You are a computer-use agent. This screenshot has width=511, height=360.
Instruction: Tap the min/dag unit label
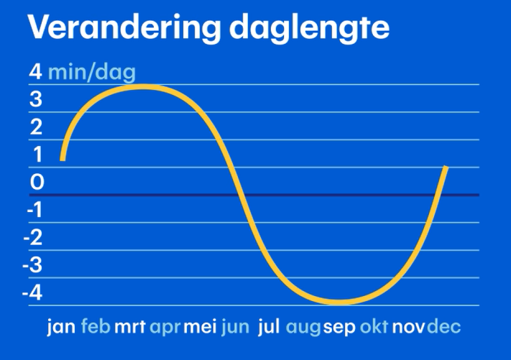[x=91, y=73]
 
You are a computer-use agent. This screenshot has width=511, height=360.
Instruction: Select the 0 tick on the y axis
[x=37, y=183]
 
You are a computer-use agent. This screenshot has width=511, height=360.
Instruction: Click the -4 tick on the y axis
[x=32, y=293]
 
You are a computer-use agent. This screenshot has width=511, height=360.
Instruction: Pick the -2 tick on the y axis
[x=32, y=238]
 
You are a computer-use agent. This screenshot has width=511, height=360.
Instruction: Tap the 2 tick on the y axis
[x=36, y=127]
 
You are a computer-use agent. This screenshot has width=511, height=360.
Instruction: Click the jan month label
[x=61, y=328]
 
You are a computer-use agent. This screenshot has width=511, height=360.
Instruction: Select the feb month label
[x=96, y=328]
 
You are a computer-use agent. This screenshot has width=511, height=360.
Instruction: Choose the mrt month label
[x=130, y=328]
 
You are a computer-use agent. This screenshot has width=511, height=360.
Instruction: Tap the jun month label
[x=235, y=328]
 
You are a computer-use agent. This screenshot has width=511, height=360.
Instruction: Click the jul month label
[x=268, y=328]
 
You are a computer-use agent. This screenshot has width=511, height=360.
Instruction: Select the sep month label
[x=339, y=328]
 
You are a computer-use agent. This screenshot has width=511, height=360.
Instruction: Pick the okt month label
[x=374, y=328]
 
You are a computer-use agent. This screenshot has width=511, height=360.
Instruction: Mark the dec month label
[x=443, y=328]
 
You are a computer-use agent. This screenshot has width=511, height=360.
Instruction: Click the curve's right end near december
[x=446, y=168]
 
